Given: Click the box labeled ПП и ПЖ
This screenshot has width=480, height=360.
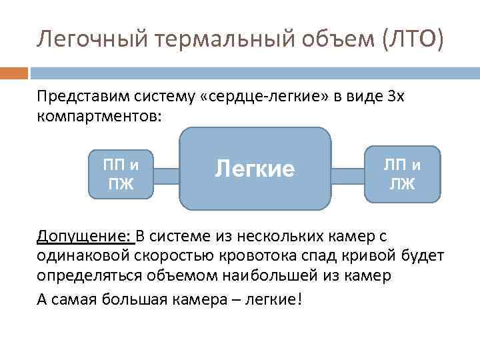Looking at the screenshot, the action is coord(121,174).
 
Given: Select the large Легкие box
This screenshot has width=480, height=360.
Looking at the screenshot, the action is coord(255,169).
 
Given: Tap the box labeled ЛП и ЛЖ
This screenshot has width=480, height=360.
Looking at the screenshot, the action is coord(403,174).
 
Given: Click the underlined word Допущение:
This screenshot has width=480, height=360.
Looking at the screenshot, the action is coord(85,237).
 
